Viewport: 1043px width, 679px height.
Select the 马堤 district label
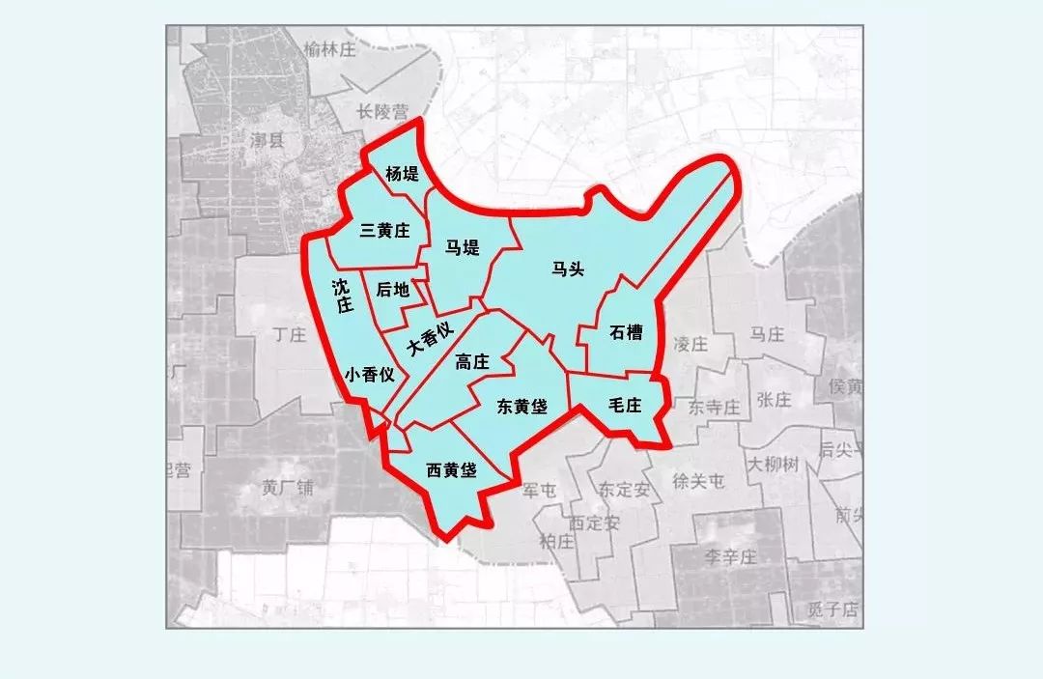click(x=463, y=248)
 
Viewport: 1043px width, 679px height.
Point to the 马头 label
click(x=568, y=269)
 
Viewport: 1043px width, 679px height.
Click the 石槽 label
click(x=626, y=333)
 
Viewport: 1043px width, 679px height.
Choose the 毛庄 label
click(x=625, y=406)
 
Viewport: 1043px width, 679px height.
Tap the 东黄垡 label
click(x=521, y=407)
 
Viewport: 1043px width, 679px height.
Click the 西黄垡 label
click(x=452, y=470)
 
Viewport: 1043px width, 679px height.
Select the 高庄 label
click(x=472, y=362)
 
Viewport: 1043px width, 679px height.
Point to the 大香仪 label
click(x=430, y=339)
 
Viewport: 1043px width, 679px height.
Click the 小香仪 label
click(x=370, y=376)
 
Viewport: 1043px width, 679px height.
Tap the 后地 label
click(x=392, y=290)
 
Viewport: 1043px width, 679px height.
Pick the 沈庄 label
click(x=341, y=297)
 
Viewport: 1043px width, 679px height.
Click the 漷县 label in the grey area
click(x=267, y=142)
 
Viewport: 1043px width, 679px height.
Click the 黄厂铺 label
click(x=288, y=487)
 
